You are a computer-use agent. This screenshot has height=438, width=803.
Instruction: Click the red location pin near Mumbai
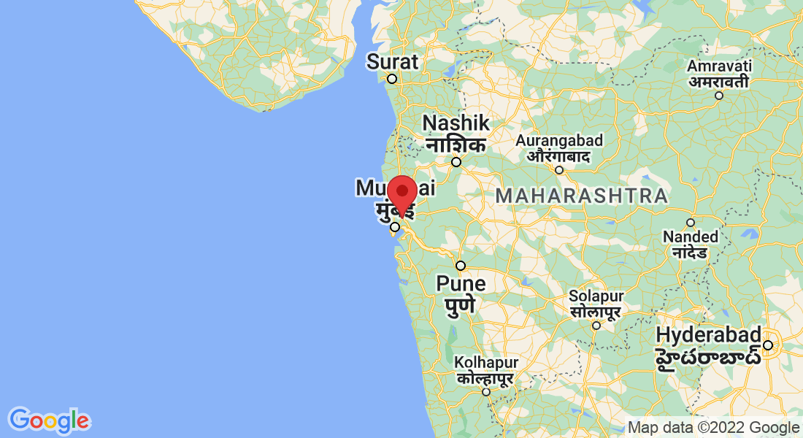401,194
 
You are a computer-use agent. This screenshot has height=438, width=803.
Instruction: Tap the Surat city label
393,61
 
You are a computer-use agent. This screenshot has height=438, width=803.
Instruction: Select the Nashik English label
456,122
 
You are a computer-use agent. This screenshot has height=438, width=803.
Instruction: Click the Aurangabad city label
559,140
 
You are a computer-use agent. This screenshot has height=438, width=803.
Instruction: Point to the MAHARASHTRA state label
581,196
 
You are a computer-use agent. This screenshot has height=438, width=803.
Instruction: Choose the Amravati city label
718,66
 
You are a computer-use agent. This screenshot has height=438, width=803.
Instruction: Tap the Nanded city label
691,237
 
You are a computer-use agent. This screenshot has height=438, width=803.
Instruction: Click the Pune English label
461,283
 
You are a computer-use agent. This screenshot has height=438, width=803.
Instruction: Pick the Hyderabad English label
709,334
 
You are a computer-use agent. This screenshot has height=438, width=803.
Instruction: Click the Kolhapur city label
486,362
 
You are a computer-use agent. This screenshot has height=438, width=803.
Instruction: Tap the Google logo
49,420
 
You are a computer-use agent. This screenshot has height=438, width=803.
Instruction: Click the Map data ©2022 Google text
714,428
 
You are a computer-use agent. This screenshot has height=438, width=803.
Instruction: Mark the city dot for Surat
392,79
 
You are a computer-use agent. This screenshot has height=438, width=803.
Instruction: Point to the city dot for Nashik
456,162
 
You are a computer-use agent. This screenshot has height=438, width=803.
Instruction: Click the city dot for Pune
461,265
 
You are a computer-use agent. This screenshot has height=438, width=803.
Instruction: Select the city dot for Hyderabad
768,345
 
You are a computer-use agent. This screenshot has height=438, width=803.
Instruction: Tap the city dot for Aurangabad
559,170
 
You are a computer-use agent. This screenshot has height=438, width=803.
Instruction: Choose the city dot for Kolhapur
486,392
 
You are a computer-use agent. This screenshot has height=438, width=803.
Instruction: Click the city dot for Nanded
691,223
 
